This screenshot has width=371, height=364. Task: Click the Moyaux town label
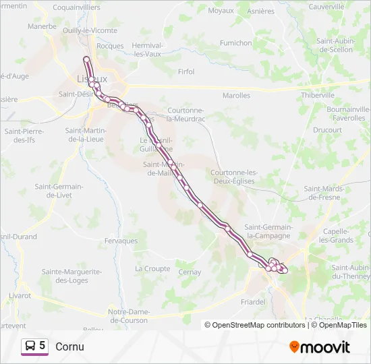pos(221,10)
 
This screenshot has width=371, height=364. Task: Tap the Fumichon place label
pos(235,42)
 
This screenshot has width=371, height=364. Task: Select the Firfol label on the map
pos(185,71)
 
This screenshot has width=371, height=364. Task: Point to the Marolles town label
pos(236,96)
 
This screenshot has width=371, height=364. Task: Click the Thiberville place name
pos(318,95)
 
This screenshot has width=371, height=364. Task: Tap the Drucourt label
pos(328,129)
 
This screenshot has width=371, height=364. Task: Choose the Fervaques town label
pos(121,241)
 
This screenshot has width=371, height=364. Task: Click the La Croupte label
pos(152,268)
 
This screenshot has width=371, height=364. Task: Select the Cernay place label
pos(190,272)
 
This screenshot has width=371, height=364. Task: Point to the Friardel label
pos(253,302)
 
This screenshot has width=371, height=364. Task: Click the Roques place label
pos(111,46)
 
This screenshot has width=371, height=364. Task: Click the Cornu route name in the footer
pos(70,346)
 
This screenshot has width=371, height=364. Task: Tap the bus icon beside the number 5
pos(30,346)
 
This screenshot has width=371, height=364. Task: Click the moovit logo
pos(320,347)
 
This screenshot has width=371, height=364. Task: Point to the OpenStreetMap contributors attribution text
pos(254,325)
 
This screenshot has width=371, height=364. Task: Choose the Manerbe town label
pos(42,26)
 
